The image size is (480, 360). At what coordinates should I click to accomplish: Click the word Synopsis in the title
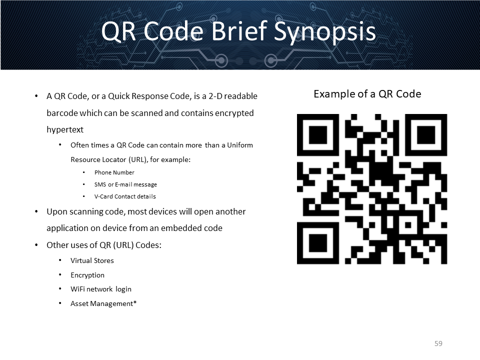(324, 32)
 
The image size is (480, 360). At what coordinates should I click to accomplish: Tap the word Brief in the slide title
(239, 30)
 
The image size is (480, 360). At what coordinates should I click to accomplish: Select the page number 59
(438, 343)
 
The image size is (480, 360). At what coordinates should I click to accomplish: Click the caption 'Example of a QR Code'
(367, 94)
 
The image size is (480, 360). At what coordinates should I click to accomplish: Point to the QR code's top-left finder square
(318, 135)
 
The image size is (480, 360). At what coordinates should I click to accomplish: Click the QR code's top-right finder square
(426, 135)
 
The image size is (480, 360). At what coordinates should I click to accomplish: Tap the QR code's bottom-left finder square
(318, 243)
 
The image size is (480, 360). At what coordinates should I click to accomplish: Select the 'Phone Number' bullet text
(114, 172)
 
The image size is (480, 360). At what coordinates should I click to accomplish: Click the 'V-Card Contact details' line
(125, 196)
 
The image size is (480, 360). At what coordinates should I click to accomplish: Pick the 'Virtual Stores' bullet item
(92, 260)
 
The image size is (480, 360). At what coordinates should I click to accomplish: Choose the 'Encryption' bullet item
(87, 275)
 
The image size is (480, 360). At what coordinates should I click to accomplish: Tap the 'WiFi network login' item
(100, 289)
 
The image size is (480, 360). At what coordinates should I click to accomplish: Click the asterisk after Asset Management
(135, 302)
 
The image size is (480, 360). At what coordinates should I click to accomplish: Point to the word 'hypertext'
(65, 130)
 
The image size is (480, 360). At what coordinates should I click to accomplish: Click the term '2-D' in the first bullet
(215, 96)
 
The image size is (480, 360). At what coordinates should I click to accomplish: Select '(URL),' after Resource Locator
(138, 159)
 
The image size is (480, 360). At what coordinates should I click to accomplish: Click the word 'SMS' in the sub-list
(100, 184)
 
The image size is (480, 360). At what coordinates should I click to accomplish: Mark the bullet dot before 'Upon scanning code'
(36, 211)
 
